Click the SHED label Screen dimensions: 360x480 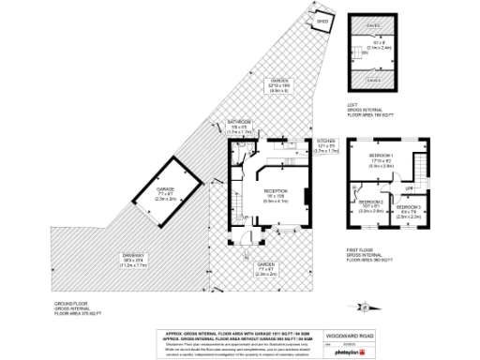(x=322, y=20)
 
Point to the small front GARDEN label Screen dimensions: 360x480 (x=265, y=265)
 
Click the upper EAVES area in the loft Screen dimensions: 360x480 (x=373, y=25)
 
